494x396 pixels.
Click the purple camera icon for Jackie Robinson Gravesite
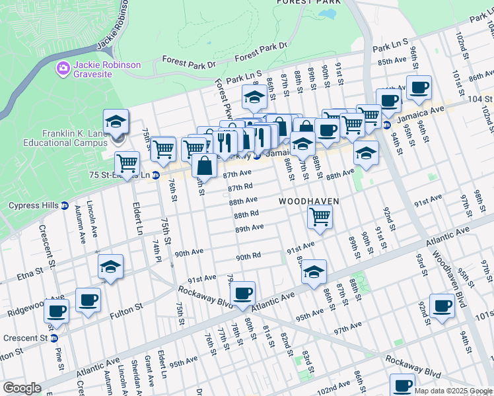tap(63, 67)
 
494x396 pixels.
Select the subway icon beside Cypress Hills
tap(65, 205)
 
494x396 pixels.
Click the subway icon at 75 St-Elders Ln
tap(155, 176)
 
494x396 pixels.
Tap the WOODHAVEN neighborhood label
tap(308, 201)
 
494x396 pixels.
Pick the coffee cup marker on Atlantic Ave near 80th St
tap(242, 293)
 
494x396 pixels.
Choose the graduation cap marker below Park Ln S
tap(254, 97)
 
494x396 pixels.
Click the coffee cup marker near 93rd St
tap(441, 305)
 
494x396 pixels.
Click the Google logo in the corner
tap(22, 388)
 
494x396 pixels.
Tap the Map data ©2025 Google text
tap(453, 391)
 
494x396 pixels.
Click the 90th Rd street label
tap(249, 257)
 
